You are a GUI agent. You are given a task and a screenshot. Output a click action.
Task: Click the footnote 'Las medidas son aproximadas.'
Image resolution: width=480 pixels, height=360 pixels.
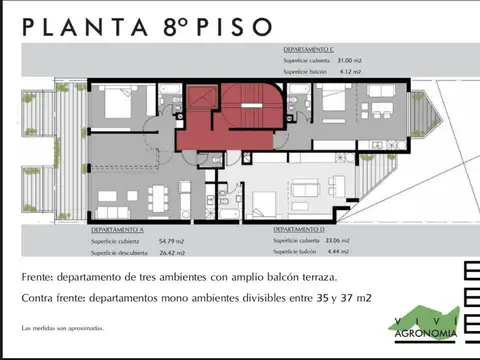tap(61, 328)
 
